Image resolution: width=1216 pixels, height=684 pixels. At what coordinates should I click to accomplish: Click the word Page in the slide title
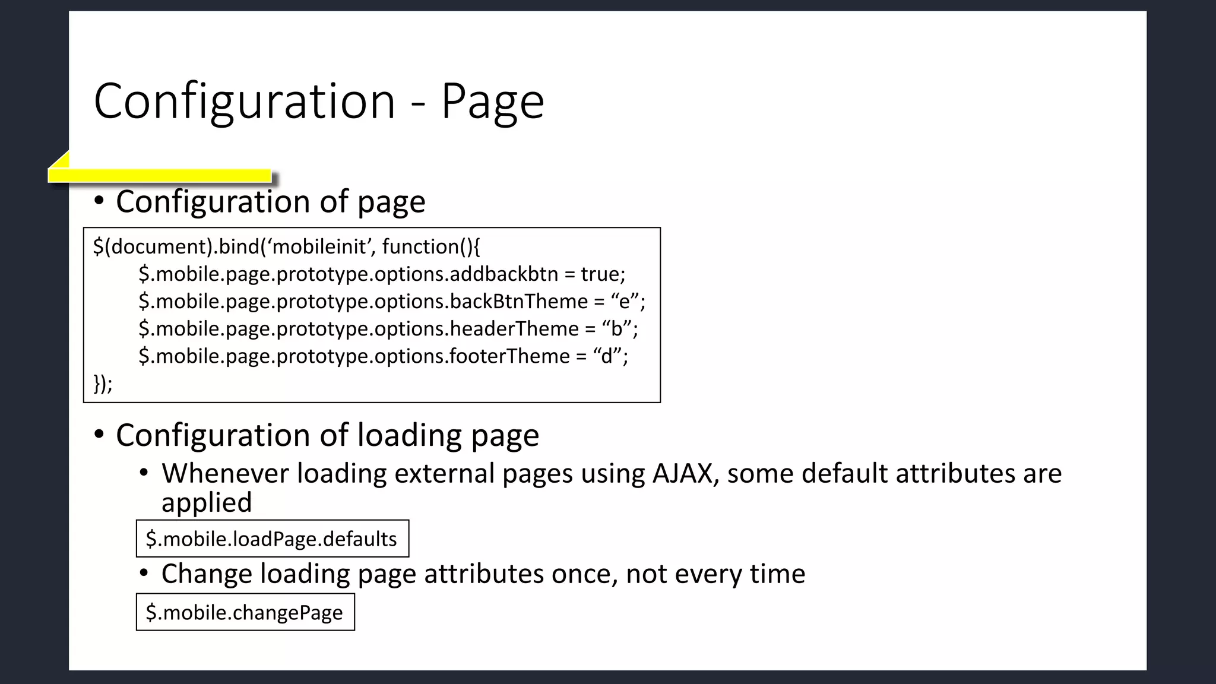[x=492, y=102]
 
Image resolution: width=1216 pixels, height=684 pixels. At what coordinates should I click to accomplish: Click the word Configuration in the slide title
[x=245, y=102]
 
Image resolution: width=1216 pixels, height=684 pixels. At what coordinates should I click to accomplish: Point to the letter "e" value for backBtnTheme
[x=624, y=302]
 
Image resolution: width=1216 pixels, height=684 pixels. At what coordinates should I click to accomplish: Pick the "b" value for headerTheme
[x=616, y=329]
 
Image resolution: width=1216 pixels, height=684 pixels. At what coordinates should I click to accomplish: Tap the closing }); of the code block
[x=103, y=384]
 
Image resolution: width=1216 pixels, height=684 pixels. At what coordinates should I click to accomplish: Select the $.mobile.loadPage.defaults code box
[x=272, y=539]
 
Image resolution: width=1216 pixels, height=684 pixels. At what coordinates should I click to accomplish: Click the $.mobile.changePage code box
[x=245, y=612]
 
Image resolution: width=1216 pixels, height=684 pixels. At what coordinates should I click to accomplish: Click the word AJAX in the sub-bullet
[x=683, y=474]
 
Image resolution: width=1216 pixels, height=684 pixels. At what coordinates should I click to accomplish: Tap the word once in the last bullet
[x=584, y=574]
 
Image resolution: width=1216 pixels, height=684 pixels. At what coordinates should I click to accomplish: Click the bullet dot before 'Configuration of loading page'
[x=99, y=435]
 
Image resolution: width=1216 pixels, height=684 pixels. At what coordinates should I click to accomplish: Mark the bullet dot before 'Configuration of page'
[x=99, y=201]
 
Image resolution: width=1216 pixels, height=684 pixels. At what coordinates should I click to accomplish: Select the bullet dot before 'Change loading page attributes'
[x=144, y=574]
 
